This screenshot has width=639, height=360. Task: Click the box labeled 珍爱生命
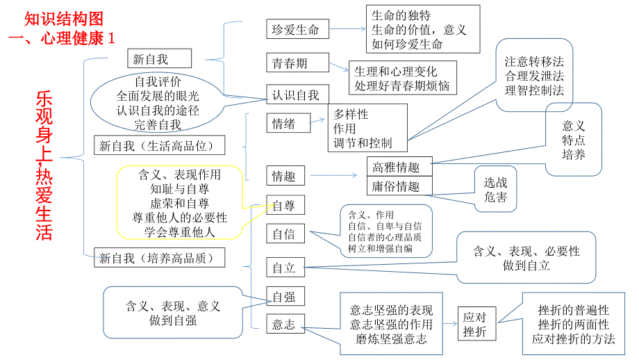(x=296, y=29)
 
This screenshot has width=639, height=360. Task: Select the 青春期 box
(x=290, y=63)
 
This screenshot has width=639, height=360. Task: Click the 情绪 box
(x=283, y=124)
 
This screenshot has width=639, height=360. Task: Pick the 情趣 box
(x=283, y=177)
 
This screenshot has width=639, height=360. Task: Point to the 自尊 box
(x=283, y=205)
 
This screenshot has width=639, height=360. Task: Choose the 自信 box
(x=283, y=234)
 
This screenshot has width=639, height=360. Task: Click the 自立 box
(x=283, y=268)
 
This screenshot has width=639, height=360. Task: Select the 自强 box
(x=283, y=297)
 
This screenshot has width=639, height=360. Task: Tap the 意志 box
(x=283, y=322)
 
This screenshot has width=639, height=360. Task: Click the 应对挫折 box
(x=477, y=324)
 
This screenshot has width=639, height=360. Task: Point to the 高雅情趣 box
(x=399, y=167)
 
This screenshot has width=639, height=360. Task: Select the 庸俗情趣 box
(x=399, y=186)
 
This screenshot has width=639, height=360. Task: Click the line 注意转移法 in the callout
(x=534, y=61)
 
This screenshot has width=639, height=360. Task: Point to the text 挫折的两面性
(x=574, y=325)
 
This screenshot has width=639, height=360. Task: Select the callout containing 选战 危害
(x=496, y=190)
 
